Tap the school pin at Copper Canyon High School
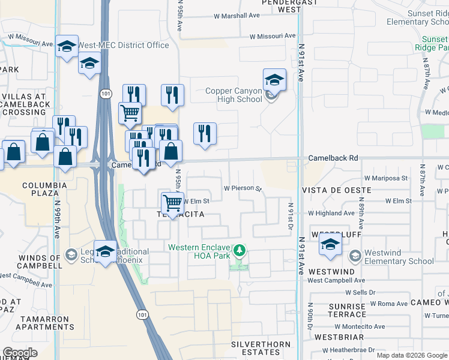(x=274, y=80)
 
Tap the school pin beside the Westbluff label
(x=330, y=245)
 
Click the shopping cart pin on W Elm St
(x=172, y=202)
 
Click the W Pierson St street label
(x=243, y=188)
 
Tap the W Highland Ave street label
(x=331, y=213)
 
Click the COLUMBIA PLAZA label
(x=45, y=190)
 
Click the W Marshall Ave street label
(x=237, y=16)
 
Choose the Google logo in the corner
(x=20, y=353)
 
